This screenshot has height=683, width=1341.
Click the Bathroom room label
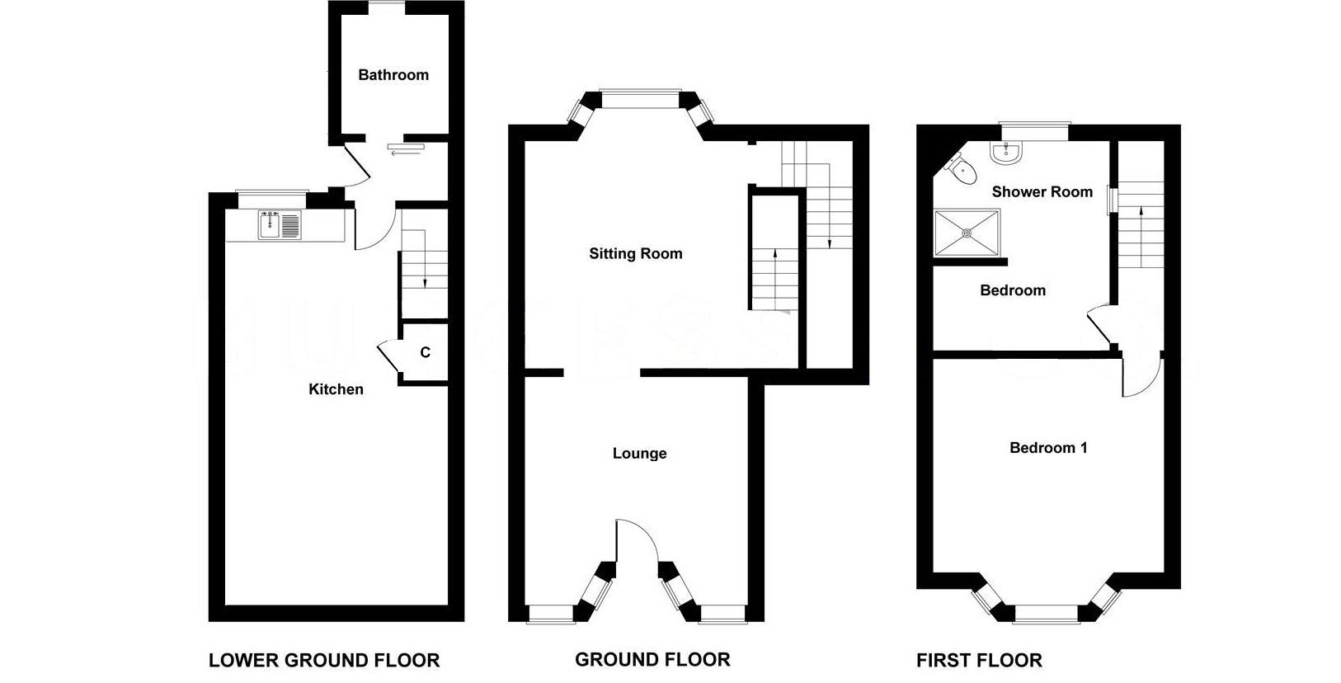click(393, 75)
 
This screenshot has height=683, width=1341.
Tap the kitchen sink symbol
click(281, 225)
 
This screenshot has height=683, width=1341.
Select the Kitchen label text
click(336, 389)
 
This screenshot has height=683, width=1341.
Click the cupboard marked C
click(425, 353)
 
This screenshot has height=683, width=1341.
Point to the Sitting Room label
click(635, 254)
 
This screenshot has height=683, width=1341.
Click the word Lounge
click(639, 454)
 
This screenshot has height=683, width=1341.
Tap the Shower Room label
click(1042, 192)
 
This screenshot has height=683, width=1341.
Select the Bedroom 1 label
click(1048, 448)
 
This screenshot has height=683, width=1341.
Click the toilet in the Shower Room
click(961, 169)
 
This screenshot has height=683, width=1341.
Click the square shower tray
click(967, 233)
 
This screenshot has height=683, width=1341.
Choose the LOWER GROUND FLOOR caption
click(324, 661)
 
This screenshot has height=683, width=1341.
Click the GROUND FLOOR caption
click(652, 660)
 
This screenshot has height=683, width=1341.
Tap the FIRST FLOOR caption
click(979, 661)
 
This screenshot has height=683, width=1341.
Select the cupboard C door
click(388, 356)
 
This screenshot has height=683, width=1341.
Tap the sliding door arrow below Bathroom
click(405, 153)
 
